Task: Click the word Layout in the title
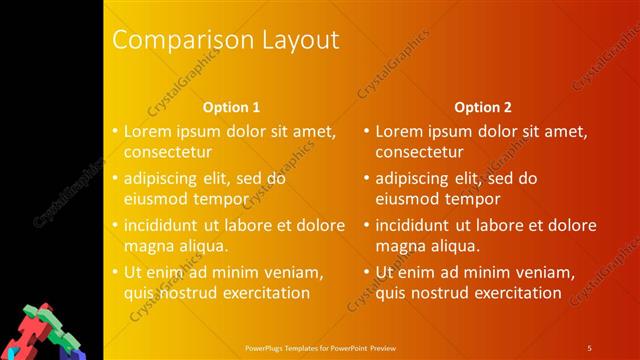[x=294, y=41]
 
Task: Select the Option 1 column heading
[x=231, y=106]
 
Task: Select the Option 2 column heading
[x=482, y=106]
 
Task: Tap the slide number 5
[x=589, y=347]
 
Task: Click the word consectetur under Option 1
[x=167, y=152]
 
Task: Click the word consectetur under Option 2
[x=419, y=152]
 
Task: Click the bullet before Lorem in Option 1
[x=115, y=131]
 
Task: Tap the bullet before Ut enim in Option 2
[x=366, y=271]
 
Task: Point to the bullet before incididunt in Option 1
[x=115, y=225]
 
